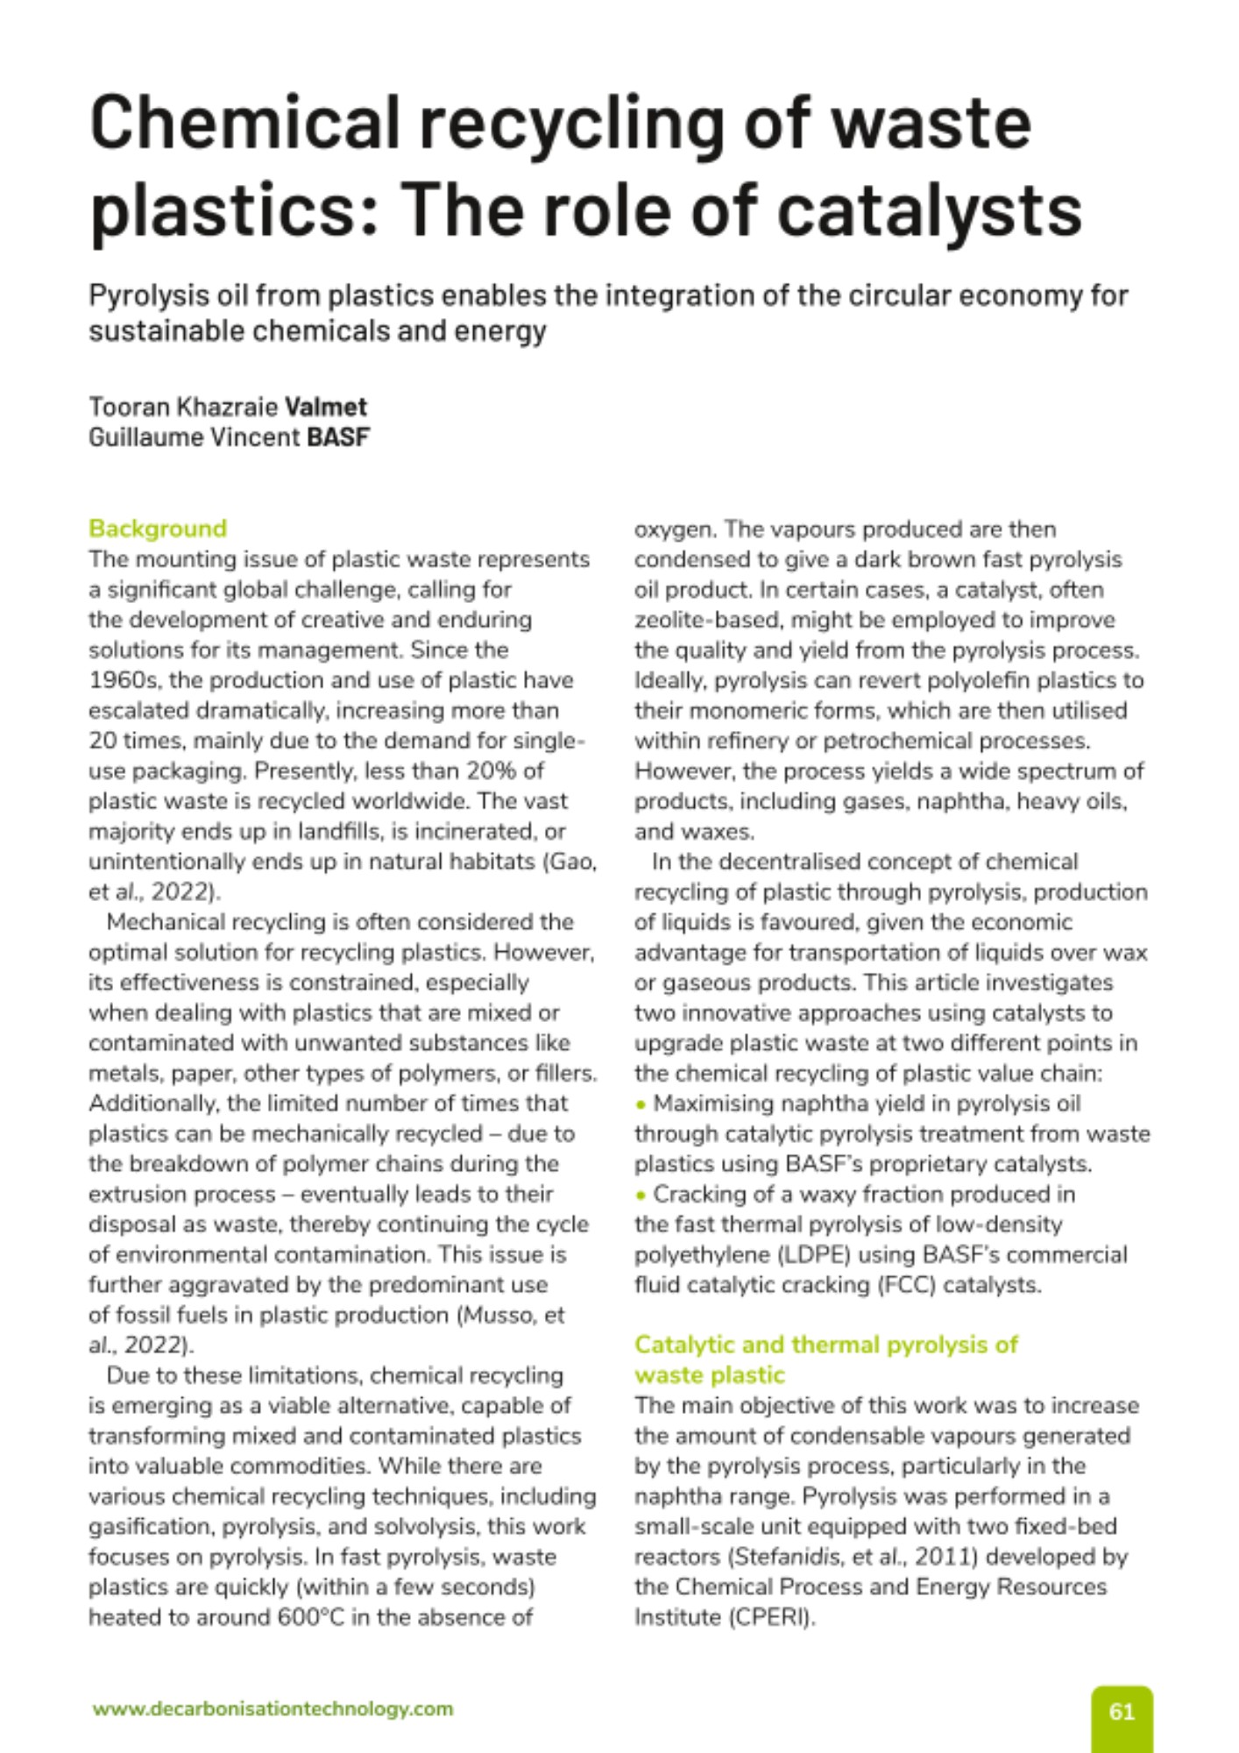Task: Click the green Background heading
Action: point(158,529)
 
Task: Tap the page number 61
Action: point(1122,1712)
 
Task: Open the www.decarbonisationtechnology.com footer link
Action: point(273,1708)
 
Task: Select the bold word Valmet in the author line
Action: point(326,407)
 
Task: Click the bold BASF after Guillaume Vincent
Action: point(338,436)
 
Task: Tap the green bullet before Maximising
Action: point(641,1104)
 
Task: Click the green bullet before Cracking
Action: point(641,1195)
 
